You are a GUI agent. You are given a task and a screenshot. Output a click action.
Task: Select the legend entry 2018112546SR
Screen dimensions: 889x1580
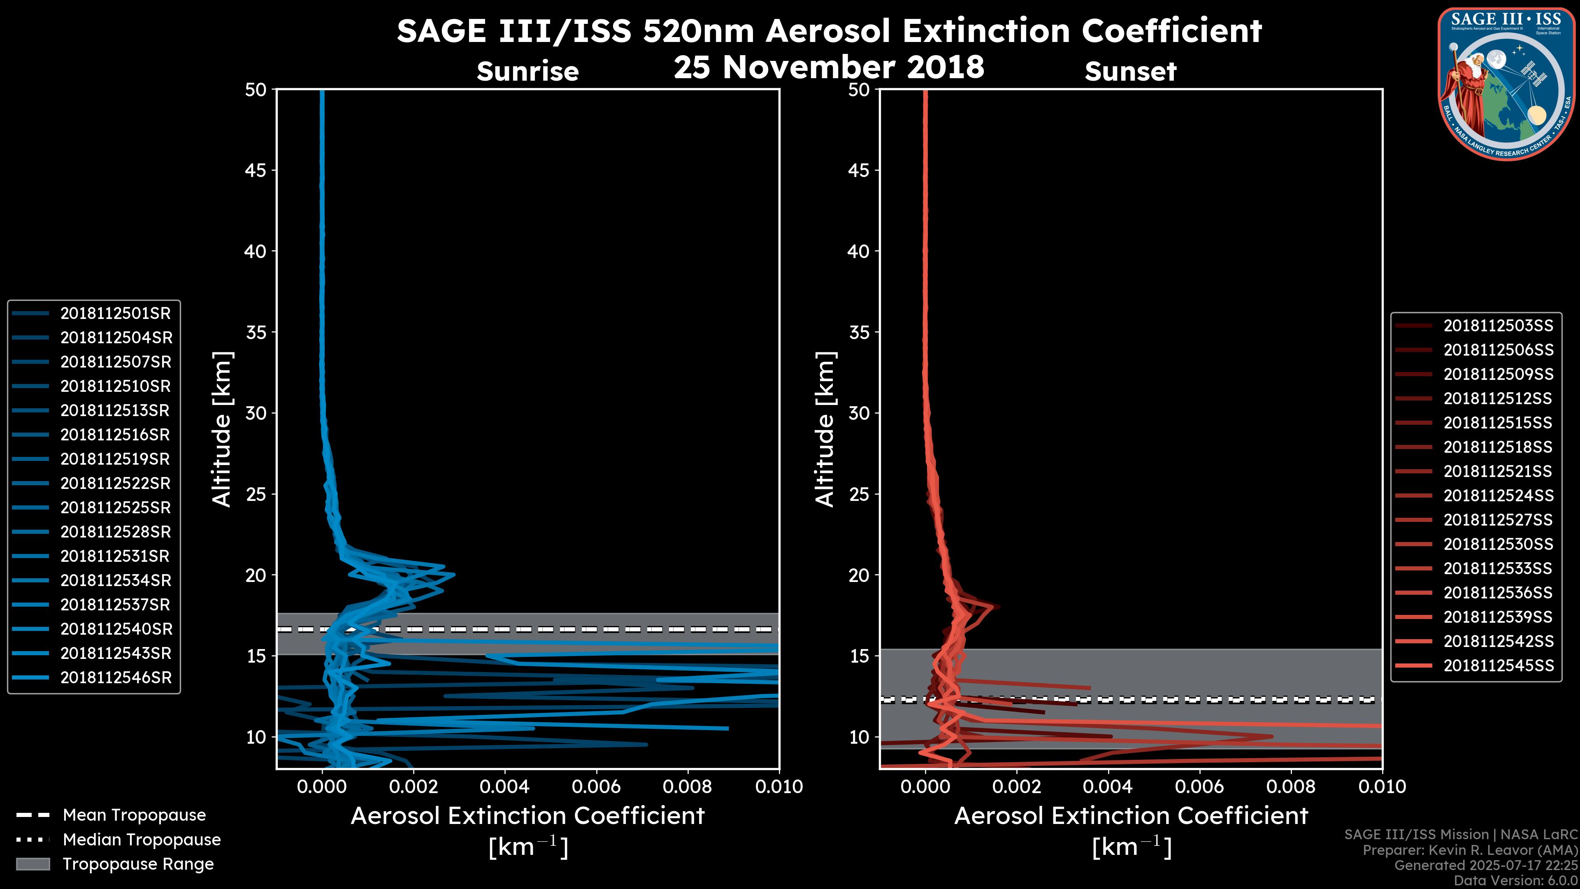115,678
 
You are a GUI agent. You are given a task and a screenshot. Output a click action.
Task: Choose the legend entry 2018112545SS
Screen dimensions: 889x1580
1498,666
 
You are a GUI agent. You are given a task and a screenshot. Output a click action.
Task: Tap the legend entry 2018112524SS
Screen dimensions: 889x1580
1498,496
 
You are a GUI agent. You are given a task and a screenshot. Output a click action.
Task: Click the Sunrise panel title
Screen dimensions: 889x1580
527,72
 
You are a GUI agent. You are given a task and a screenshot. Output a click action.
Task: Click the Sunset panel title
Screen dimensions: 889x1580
1130,72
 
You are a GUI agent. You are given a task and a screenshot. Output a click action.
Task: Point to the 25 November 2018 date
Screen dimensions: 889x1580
829,67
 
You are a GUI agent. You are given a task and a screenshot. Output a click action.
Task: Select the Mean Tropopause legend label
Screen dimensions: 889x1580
134,815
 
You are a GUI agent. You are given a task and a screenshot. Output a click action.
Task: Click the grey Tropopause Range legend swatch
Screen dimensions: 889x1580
33,864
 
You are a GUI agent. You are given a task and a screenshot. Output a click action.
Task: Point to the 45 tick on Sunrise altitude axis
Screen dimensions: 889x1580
256,170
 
